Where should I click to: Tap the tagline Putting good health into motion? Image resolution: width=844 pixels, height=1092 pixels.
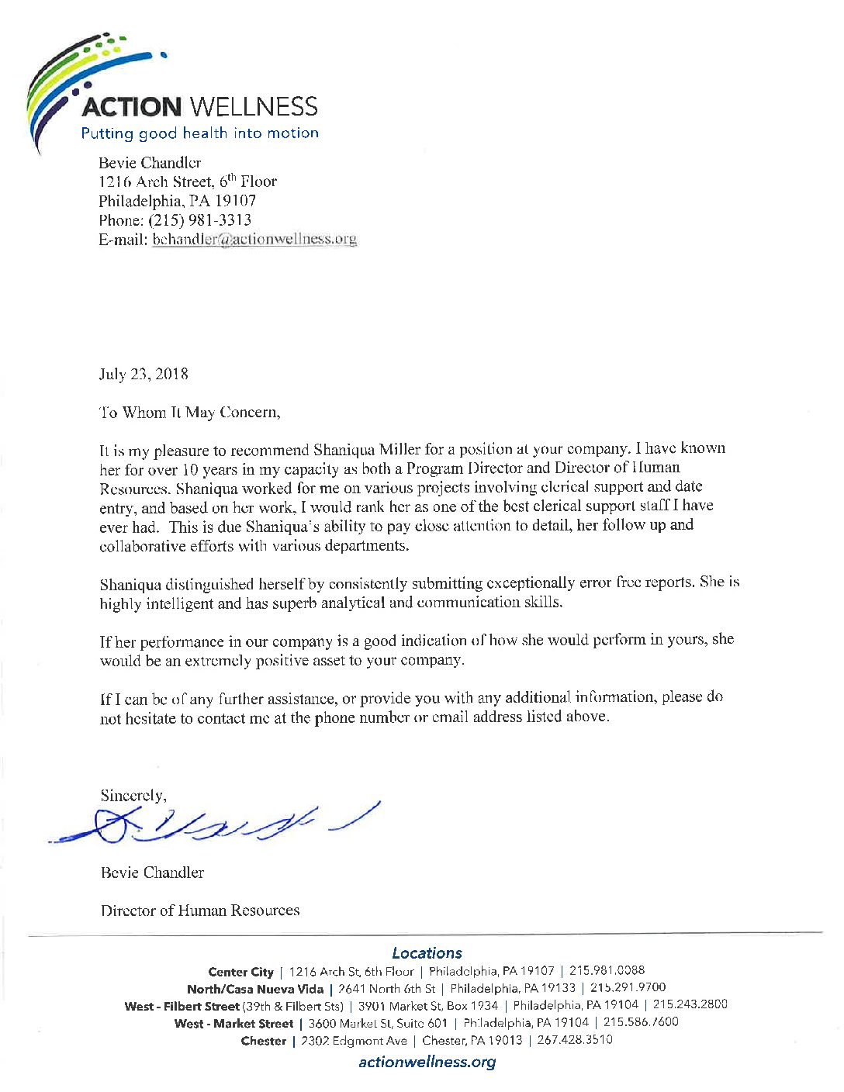[199, 133]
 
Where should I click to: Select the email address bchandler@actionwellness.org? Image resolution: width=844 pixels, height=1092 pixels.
[254, 239]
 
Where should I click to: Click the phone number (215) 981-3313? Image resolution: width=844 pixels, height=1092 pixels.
[199, 220]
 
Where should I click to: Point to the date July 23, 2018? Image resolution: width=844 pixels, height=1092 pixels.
[144, 375]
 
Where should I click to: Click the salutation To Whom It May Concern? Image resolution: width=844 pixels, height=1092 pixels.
[189, 413]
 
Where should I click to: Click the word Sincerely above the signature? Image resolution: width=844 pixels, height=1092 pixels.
[132, 796]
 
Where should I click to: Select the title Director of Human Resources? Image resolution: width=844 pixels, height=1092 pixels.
[200, 911]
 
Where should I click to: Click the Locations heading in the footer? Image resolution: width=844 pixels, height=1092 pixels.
[427, 953]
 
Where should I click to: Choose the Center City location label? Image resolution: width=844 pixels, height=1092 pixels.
[240, 972]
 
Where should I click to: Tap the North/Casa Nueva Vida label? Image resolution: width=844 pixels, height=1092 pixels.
[254, 989]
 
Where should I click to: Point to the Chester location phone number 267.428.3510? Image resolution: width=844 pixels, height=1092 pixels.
[574, 1040]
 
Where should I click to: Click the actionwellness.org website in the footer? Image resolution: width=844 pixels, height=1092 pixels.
[427, 1063]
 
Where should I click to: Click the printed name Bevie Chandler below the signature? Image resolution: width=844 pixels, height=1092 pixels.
[152, 873]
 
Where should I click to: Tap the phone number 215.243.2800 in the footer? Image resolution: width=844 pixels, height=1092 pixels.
[690, 1005]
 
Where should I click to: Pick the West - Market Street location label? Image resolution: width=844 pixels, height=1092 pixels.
[233, 1023]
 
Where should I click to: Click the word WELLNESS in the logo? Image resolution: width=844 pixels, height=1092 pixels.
[254, 107]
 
